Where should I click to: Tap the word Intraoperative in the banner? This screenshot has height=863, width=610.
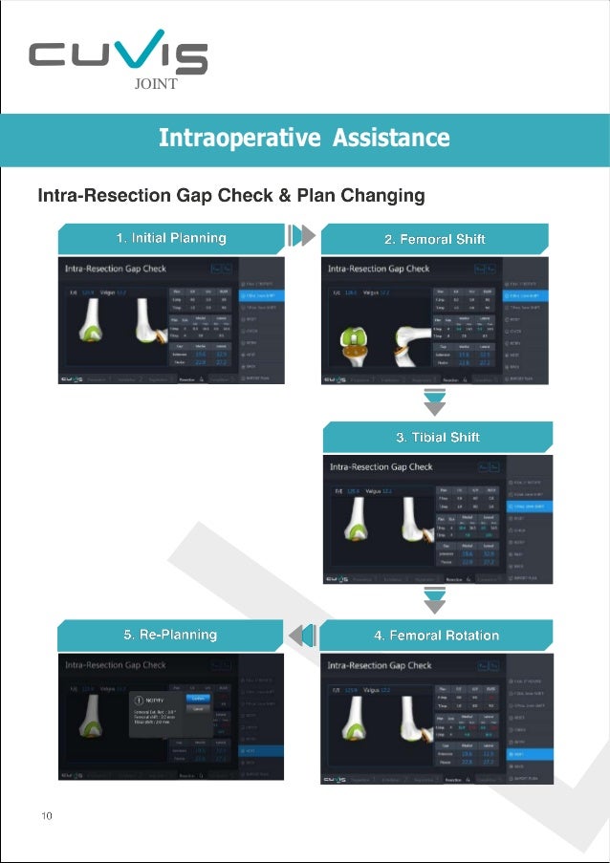coord(239,138)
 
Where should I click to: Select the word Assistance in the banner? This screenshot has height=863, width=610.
coord(391,138)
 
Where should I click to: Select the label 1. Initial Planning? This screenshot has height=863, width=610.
coord(171,238)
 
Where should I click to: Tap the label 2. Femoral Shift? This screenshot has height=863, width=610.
coord(434,239)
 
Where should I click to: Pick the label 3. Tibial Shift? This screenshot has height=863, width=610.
coord(437,437)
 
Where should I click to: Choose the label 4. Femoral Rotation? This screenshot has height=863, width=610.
coord(436,635)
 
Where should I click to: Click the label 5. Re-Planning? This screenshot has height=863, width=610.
coord(169,635)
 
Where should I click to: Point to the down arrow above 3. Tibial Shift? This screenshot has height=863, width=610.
coord(435,403)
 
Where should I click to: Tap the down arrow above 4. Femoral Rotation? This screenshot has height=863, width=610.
coord(435,601)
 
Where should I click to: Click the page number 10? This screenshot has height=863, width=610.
coord(46,815)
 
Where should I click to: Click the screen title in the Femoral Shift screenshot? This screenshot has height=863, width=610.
coord(379,269)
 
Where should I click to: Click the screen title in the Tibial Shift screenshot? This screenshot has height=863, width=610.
coord(381,467)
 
